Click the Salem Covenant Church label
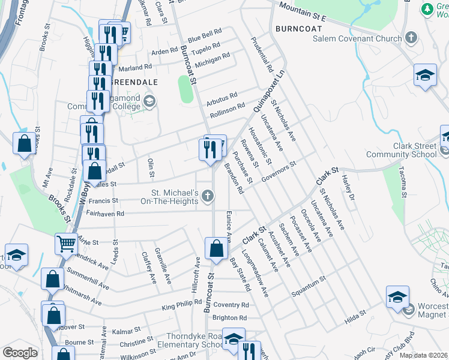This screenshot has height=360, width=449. (x=357, y=39)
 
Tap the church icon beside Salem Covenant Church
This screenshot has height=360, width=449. (x=411, y=38)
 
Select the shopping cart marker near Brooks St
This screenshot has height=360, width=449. (x=66, y=244)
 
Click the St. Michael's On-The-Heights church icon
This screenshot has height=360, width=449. (x=208, y=196)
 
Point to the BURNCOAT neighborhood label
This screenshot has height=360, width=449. (x=295, y=28)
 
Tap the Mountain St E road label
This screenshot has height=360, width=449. (x=301, y=14)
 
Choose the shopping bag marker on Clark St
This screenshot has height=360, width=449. (x=215, y=248)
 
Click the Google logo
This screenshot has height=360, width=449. (x=19, y=353)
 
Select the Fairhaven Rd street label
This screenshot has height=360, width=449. (x=105, y=213)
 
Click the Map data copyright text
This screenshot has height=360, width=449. (x=423, y=355)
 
